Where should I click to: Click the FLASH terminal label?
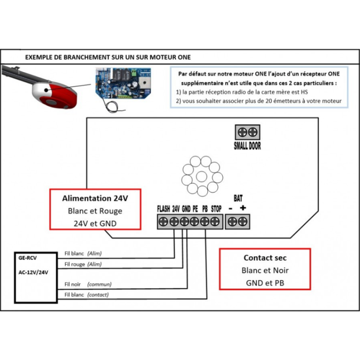pyautogui.click(x=163, y=209)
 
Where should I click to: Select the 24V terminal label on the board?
pyautogui.click(x=176, y=209)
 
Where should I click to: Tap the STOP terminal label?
pyautogui.click(x=216, y=209)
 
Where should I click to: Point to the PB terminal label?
pyautogui.click(x=205, y=209)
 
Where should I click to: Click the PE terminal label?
pyautogui.click(x=195, y=209)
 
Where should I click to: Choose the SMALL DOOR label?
pyautogui.click(x=247, y=146)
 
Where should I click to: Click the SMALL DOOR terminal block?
pyautogui.click(x=247, y=132)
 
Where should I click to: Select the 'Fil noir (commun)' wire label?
pyautogui.click(x=88, y=284)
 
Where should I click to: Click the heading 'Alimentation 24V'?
pyautogui.click(x=95, y=198)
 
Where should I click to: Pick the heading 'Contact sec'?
pyautogui.click(x=265, y=258)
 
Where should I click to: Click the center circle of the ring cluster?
pyautogui.click(x=201, y=175)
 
